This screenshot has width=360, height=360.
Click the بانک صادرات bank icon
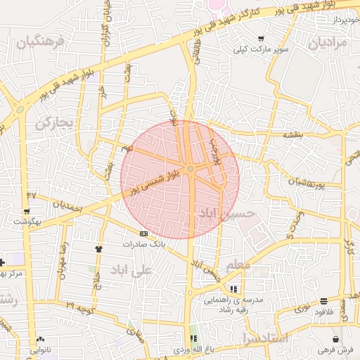click(143, 233)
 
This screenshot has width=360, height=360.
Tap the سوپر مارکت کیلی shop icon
click(261, 39)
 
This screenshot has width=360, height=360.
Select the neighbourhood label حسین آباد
click(221, 212)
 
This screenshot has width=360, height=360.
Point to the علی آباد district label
click(132, 269)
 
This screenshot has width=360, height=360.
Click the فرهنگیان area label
click(41, 44)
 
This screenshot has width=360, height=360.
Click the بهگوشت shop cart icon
click(26, 211)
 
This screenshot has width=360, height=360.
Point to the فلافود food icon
click(323, 301)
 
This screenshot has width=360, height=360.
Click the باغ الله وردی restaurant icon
click(193, 338)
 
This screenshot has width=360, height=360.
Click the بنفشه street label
click(293, 134)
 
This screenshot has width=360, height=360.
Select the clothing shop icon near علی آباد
click(98, 248)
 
